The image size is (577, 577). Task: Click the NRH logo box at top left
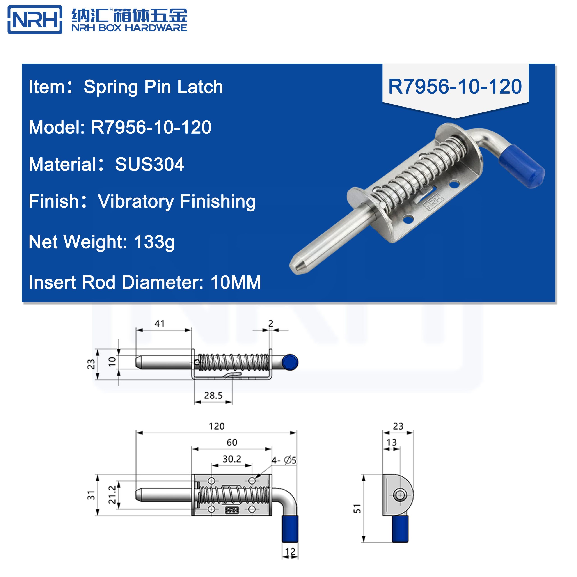[x=35, y=19]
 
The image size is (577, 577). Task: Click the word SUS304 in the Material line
[x=149, y=164]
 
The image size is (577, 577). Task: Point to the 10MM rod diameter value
[x=236, y=282]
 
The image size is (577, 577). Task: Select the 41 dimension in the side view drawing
[x=160, y=323]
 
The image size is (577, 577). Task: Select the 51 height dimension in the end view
[x=357, y=508]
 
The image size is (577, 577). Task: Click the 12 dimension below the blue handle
[x=290, y=551]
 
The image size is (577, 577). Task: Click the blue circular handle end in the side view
[x=290, y=362]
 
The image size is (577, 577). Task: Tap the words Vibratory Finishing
[x=176, y=201]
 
